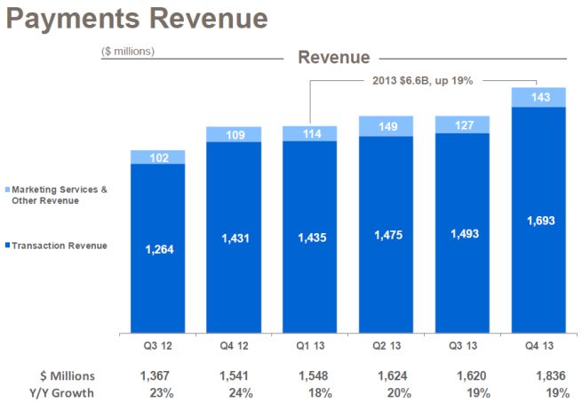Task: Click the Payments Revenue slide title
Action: click(136, 19)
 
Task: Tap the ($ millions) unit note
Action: click(128, 52)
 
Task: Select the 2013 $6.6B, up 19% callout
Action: click(422, 80)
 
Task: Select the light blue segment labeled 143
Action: click(538, 97)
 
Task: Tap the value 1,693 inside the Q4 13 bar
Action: click(538, 221)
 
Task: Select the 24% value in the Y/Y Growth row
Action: click(234, 392)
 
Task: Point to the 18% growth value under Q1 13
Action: click(310, 392)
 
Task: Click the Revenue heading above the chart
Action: click(333, 58)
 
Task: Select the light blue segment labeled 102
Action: click(157, 157)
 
